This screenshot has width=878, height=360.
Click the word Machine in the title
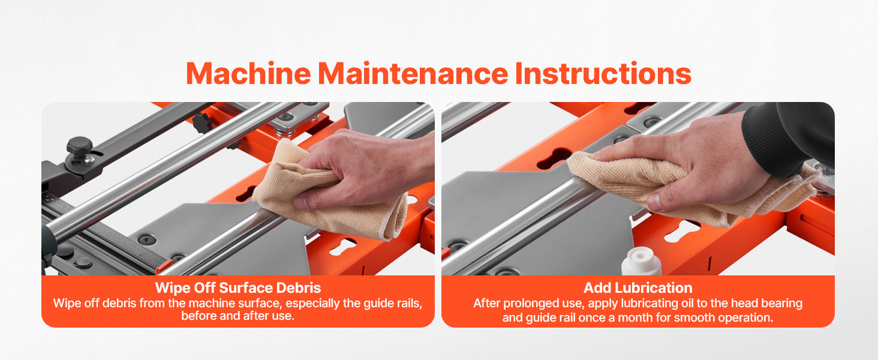pos(248,73)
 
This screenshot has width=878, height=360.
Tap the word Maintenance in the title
pos(413,73)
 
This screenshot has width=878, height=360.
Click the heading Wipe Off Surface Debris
pos(238,288)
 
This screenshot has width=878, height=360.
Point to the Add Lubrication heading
pos(638,288)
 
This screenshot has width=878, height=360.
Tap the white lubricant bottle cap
pos(641,261)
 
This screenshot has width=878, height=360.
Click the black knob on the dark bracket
pos(79,145)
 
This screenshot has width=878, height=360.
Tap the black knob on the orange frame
pos(202,122)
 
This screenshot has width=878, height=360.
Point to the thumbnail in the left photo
pos(300,202)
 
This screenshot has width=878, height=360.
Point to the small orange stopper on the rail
pos(163,266)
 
